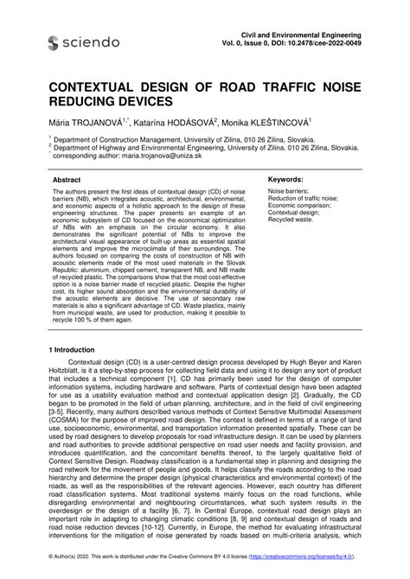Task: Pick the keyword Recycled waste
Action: click(x=291, y=219)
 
